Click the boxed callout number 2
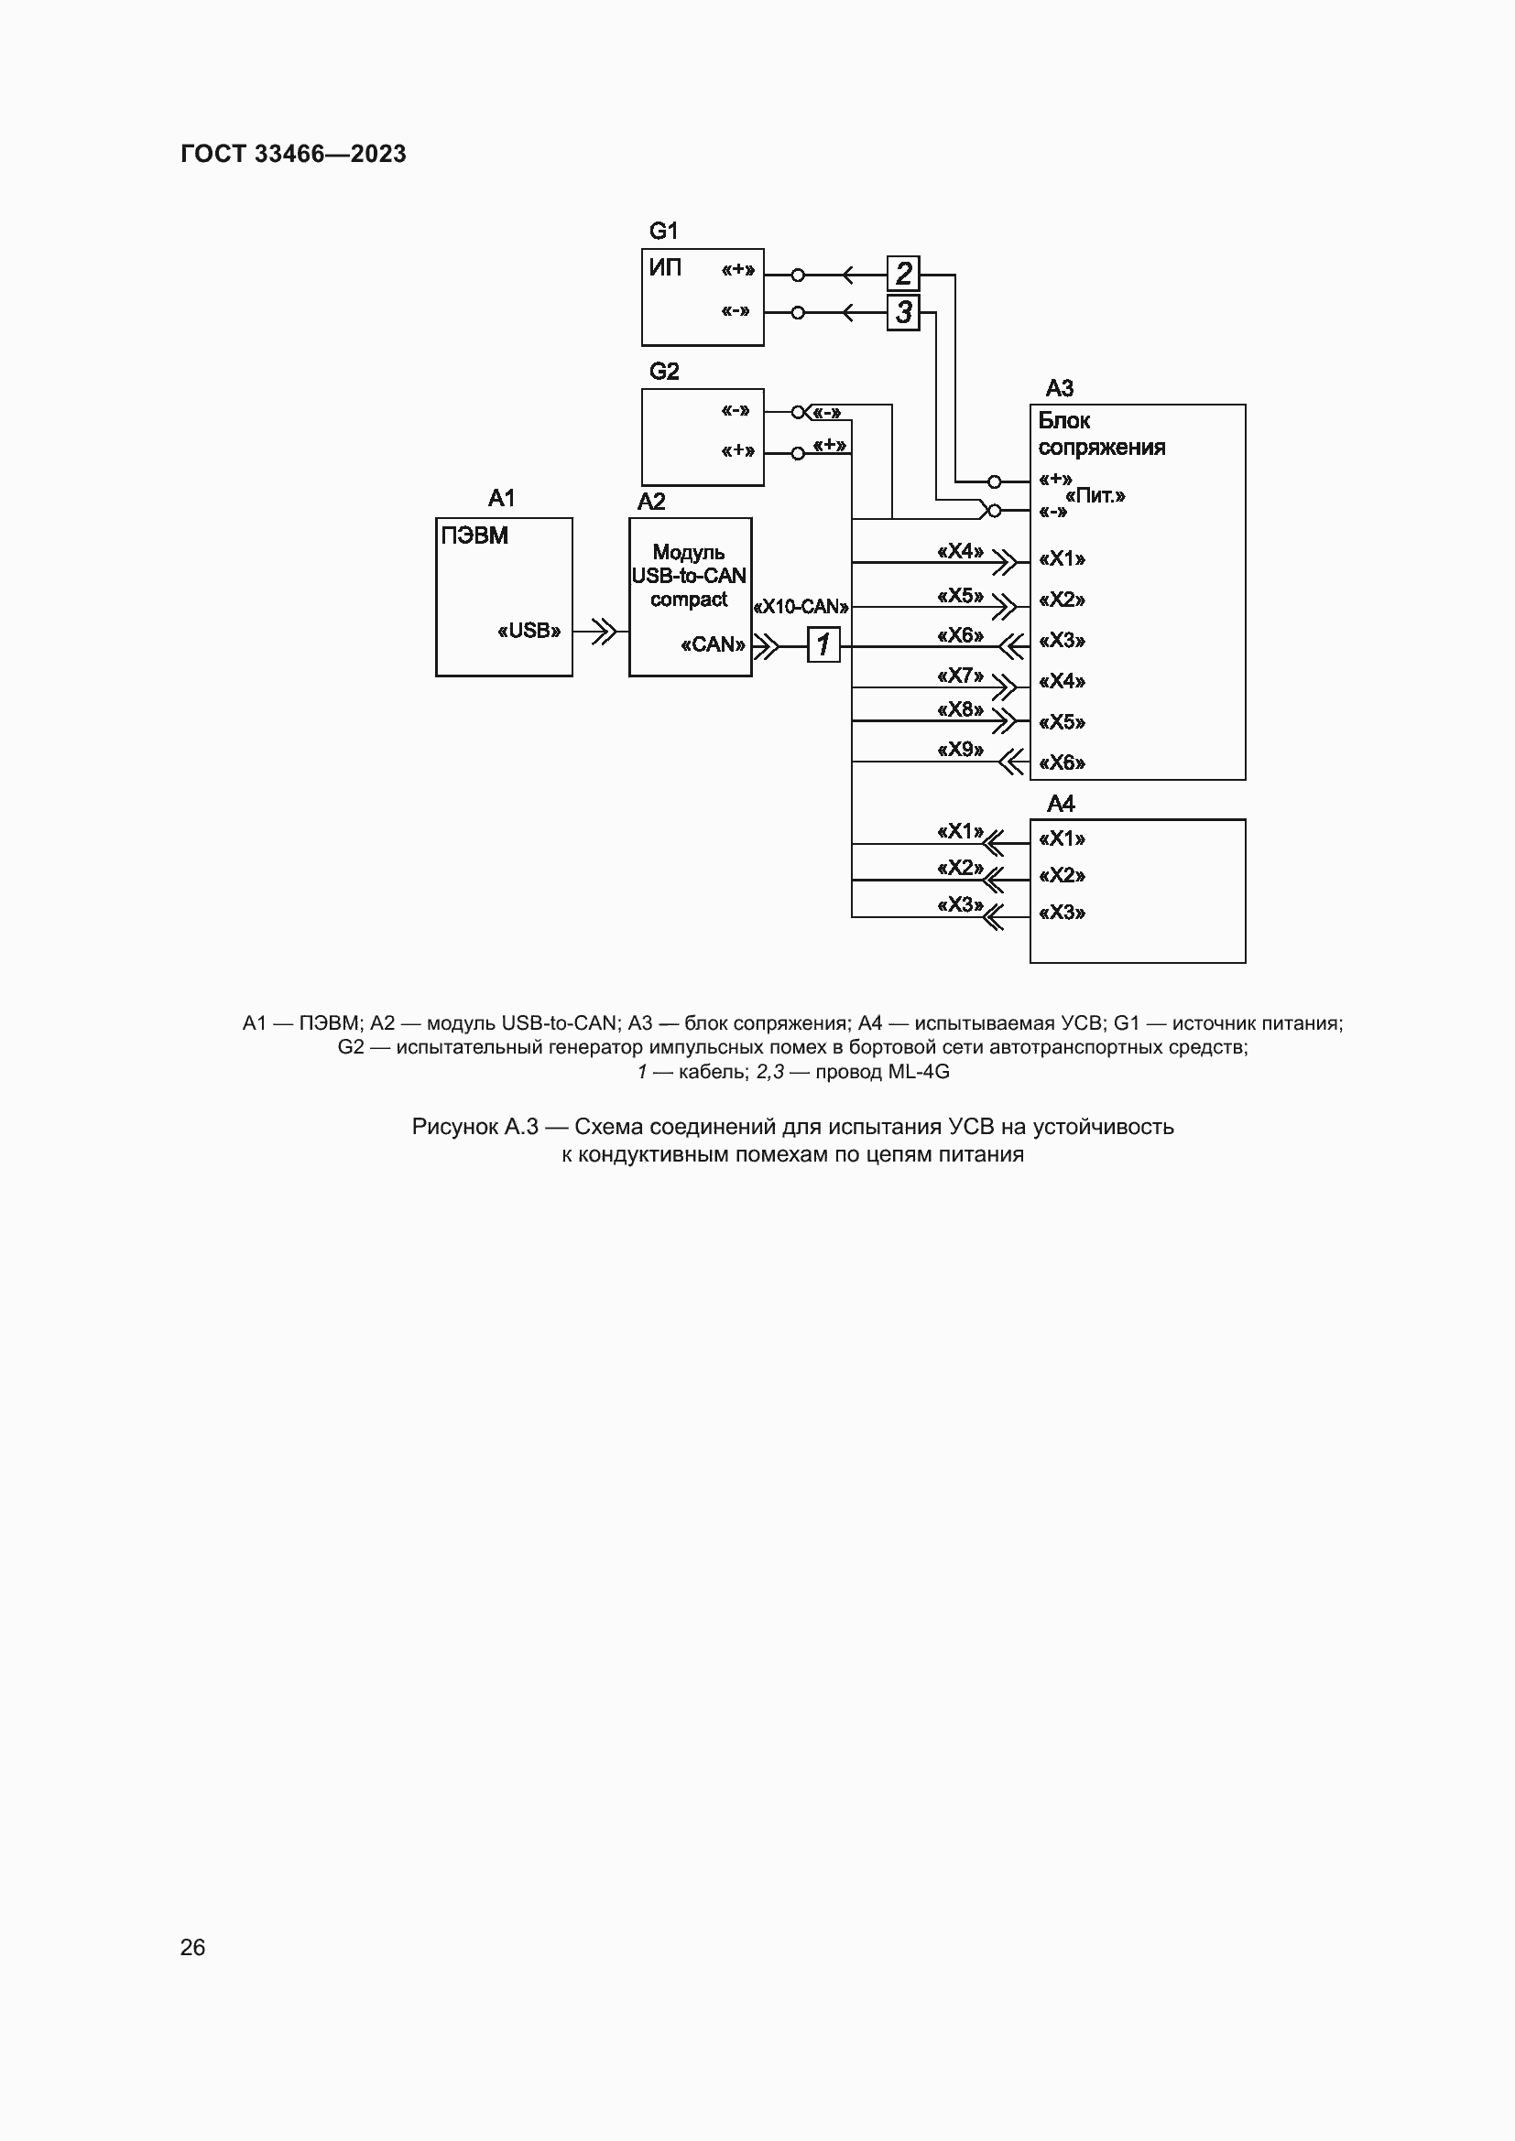[x=903, y=275]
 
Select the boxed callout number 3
[x=903, y=312]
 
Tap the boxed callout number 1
[x=823, y=644]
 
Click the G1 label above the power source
[x=663, y=231]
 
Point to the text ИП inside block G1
[x=665, y=268]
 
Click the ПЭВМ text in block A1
[x=474, y=536]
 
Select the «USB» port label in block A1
[x=529, y=632]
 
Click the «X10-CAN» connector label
[x=801, y=607]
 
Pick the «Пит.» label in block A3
[x=1095, y=496]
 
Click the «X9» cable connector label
[x=960, y=750]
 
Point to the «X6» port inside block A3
[x=1062, y=762]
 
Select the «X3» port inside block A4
[x=1062, y=912]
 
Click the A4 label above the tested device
[x=1061, y=804]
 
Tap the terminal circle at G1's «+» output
[x=798, y=276]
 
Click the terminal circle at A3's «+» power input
[x=995, y=482]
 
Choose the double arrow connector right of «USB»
[x=604, y=632]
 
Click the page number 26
[x=192, y=1947]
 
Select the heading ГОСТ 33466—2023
[x=293, y=154]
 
